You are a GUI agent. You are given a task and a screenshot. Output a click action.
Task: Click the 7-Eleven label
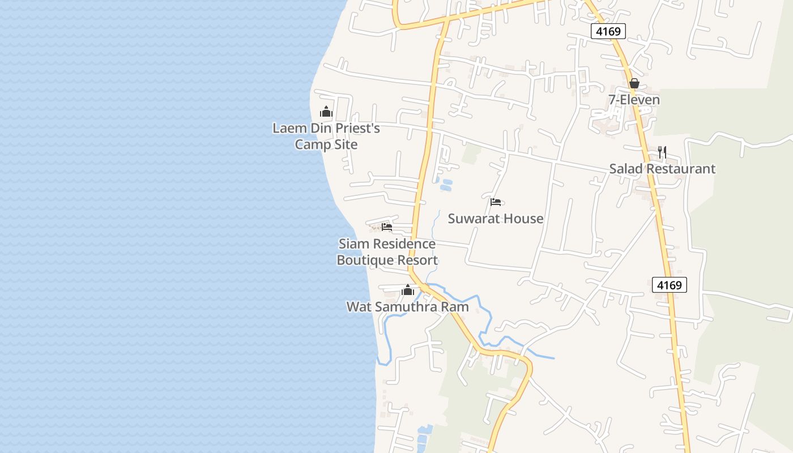click(x=634, y=100)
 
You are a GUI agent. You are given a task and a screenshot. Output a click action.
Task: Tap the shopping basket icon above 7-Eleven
click(x=634, y=84)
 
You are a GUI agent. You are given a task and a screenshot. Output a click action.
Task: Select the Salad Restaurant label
click(x=662, y=169)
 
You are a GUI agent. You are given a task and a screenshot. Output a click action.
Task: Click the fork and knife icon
click(x=662, y=152)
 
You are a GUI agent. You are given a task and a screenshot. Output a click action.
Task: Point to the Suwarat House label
click(x=496, y=219)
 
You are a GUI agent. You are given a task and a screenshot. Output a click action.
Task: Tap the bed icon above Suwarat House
click(x=496, y=202)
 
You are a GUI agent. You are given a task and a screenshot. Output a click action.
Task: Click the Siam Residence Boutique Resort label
click(x=387, y=252)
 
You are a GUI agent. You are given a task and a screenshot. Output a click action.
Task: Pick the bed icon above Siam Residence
click(x=387, y=227)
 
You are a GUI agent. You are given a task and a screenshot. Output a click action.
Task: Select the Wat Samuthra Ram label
click(x=407, y=307)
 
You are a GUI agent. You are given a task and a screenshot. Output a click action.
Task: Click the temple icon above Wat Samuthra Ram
click(x=407, y=290)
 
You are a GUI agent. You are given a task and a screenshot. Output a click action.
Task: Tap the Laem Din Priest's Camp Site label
click(x=326, y=136)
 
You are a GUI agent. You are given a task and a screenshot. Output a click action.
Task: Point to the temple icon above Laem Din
click(x=326, y=112)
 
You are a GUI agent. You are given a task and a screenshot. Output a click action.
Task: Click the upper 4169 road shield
click(x=608, y=31)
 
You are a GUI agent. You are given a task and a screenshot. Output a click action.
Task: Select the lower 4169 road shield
click(x=669, y=285)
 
